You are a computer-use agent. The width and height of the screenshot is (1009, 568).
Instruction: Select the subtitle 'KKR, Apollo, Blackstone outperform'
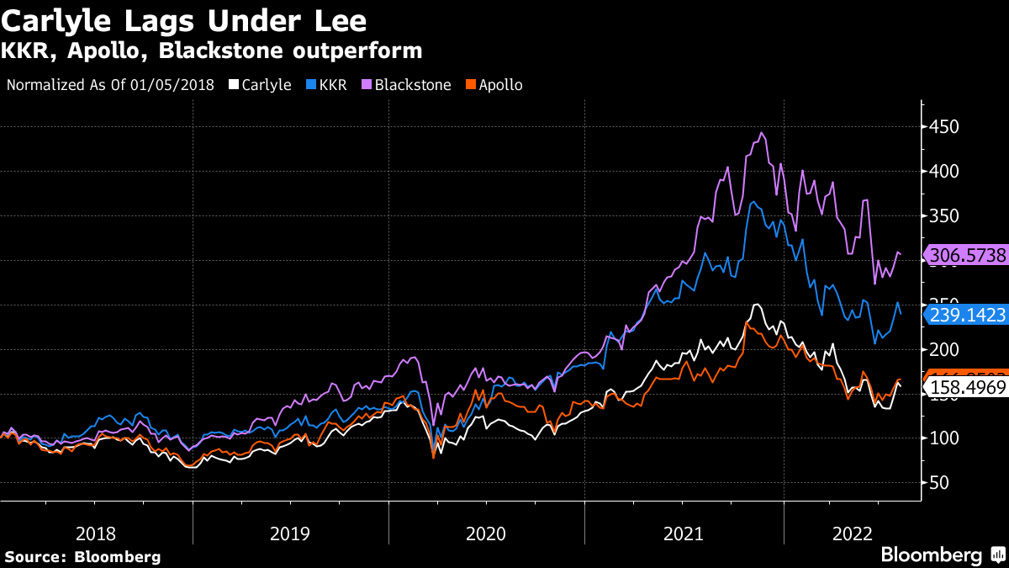[x=211, y=50]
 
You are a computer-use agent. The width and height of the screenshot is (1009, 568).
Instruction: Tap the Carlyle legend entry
[x=260, y=85]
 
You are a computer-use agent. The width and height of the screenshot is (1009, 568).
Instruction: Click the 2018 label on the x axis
[x=95, y=533]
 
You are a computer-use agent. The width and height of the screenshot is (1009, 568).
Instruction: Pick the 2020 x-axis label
[x=486, y=533]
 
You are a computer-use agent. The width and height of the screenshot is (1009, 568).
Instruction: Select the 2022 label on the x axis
[x=852, y=533]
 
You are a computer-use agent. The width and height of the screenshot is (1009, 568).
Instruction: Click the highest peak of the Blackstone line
[x=761, y=132]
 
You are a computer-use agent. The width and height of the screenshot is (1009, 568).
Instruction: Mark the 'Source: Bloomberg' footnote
[x=82, y=556]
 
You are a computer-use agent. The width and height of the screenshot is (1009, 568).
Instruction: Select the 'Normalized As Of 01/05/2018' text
[x=110, y=85]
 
